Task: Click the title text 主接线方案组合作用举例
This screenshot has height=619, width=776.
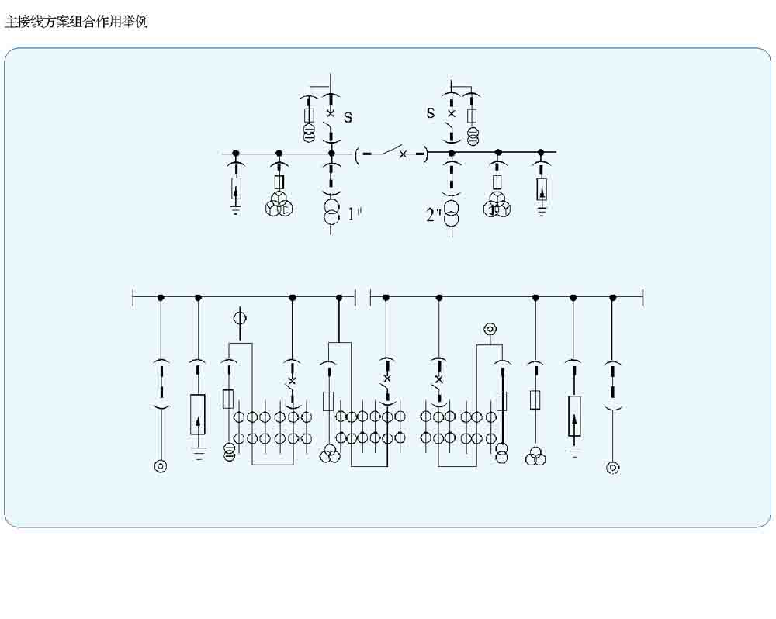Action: (76, 22)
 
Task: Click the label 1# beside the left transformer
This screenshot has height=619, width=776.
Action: (355, 213)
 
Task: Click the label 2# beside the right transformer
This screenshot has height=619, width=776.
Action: (433, 215)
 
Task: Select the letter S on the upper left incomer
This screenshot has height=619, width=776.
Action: (348, 117)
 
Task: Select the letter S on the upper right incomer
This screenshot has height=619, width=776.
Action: (431, 112)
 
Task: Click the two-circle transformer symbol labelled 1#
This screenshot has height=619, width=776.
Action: (331, 213)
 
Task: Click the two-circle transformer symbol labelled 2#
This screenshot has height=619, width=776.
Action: (452, 213)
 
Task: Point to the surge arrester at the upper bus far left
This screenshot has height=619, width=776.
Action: (236, 188)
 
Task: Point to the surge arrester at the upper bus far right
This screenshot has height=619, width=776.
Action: (542, 188)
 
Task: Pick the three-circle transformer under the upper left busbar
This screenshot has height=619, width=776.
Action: (279, 206)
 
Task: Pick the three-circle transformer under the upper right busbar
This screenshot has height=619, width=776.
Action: (498, 206)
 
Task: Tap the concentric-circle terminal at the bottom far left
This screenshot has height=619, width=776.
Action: (161, 466)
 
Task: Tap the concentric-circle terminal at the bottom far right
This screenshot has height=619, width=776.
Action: (612, 467)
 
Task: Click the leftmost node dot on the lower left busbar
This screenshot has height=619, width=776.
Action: (161, 297)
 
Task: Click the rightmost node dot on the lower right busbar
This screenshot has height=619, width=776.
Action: (612, 297)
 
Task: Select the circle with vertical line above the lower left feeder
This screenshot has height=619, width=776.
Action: (240, 318)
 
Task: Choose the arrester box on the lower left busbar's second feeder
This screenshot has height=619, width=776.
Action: (198, 415)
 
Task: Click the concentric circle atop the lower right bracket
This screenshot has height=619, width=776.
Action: (489, 330)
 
